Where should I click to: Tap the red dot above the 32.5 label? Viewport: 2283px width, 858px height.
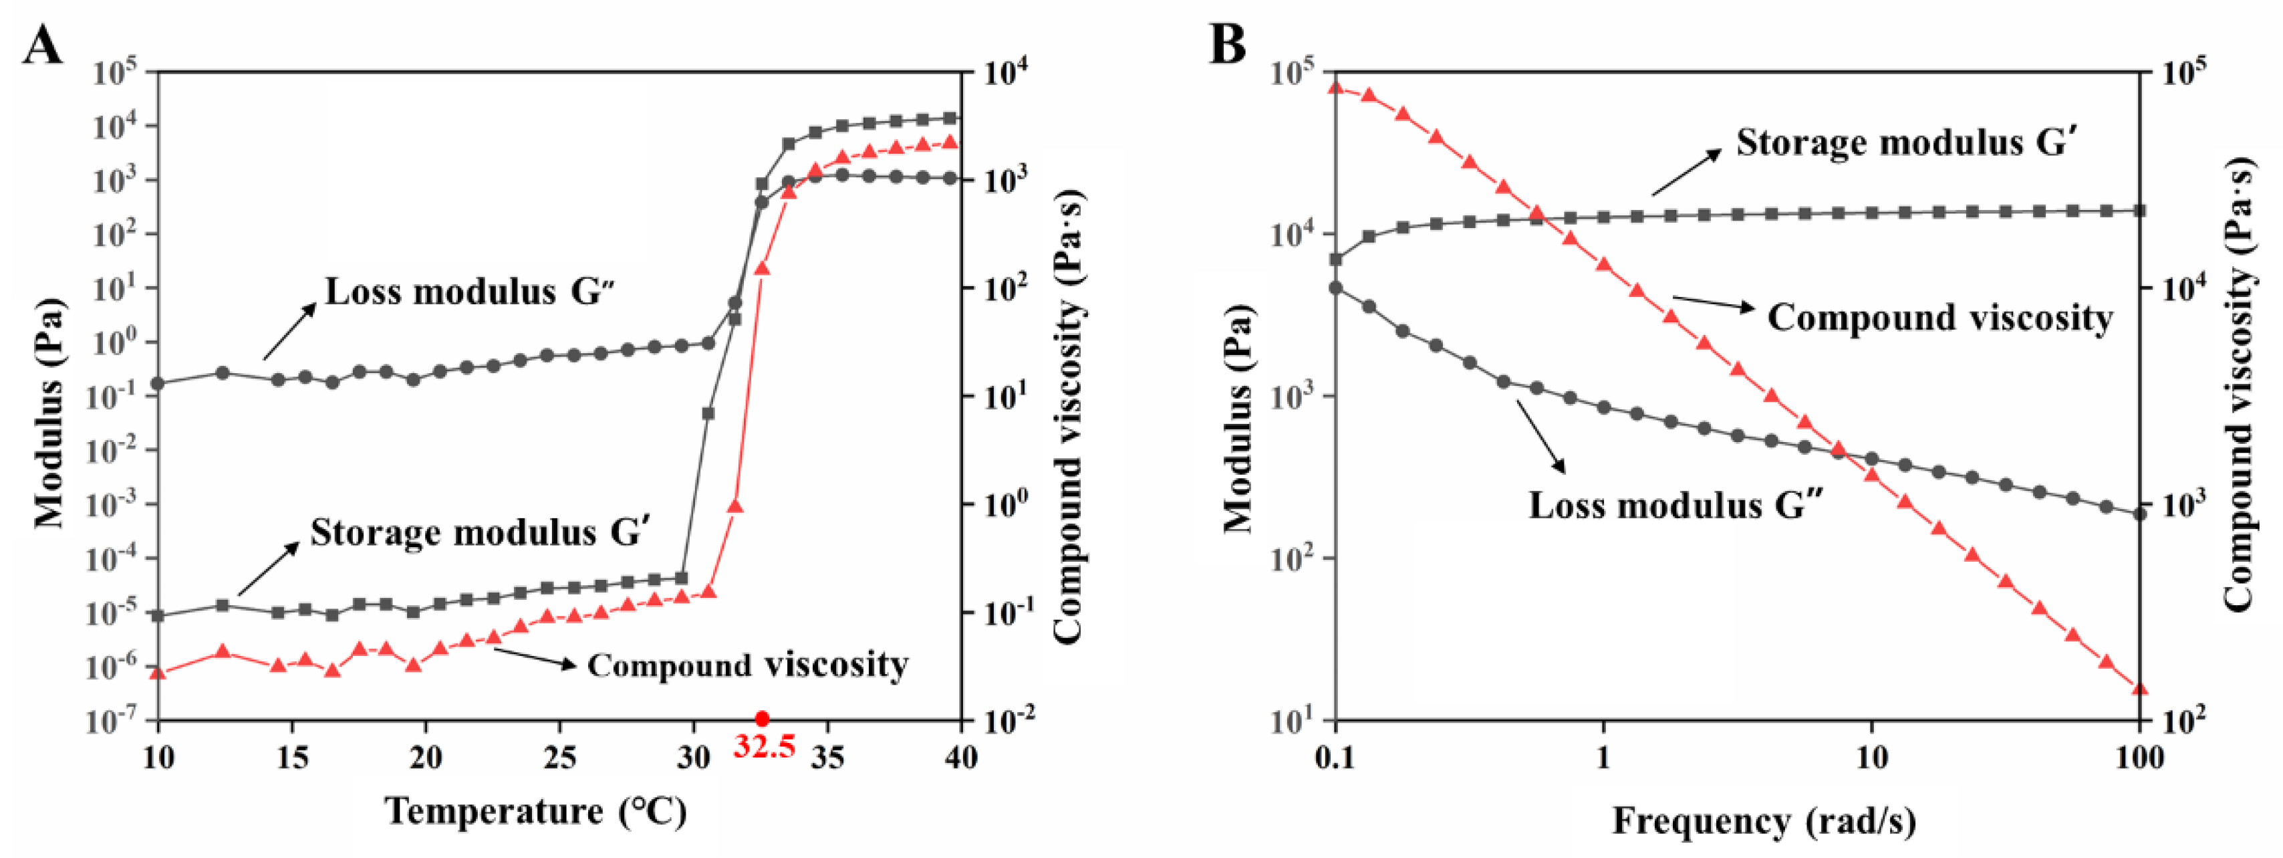[761, 719]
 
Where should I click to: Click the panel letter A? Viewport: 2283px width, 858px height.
[43, 44]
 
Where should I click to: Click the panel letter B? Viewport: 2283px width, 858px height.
[1228, 44]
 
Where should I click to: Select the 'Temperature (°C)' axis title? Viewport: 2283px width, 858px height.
[535, 811]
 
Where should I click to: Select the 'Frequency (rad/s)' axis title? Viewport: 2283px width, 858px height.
[1764, 820]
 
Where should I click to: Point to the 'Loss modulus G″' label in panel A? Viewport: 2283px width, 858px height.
[471, 292]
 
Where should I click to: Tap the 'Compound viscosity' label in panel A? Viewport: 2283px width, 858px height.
[748, 665]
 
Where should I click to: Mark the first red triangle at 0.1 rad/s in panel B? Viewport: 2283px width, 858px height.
[1335, 87]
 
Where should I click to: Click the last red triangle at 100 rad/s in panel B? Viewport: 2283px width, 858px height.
[2139, 689]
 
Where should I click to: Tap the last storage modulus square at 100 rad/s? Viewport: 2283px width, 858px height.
[2139, 211]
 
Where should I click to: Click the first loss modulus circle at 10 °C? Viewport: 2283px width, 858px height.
[158, 384]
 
